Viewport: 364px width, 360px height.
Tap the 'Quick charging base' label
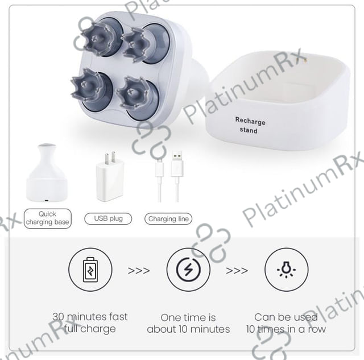(x=48, y=218)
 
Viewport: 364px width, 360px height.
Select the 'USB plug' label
(x=108, y=218)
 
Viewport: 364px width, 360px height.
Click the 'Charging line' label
(x=168, y=218)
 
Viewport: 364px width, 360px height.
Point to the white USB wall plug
(x=110, y=177)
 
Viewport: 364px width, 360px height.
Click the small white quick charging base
(x=47, y=173)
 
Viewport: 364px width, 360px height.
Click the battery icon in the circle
(x=90, y=270)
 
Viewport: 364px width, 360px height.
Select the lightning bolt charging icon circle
(x=188, y=270)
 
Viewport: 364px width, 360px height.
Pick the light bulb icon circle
(x=286, y=270)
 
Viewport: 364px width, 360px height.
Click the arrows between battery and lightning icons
(x=139, y=271)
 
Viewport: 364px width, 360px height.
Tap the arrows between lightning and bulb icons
(x=237, y=271)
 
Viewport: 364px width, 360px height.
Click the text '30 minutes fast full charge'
(x=90, y=323)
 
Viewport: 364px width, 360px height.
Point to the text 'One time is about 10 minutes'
(x=188, y=324)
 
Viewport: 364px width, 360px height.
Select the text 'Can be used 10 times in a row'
(x=286, y=323)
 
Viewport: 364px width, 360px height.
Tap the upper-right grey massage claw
(x=136, y=44)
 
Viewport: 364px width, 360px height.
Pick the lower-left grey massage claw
(x=87, y=86)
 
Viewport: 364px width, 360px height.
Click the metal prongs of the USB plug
(x=110, y=158)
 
